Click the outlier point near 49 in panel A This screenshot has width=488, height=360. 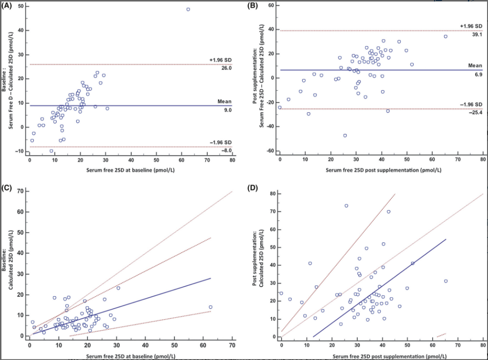point(188,9)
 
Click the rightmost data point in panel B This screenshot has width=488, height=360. point(446,36)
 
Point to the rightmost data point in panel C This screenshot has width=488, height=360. point(210,307)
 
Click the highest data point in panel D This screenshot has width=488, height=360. point(346,206)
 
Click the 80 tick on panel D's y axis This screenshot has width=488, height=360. point(272,194)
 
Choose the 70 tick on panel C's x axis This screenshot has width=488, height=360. point(232,345)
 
